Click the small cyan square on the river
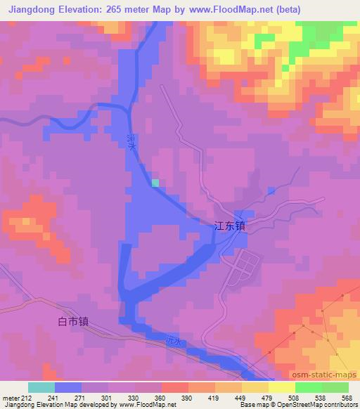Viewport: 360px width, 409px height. coord(155,183)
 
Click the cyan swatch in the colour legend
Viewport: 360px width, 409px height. coord(41,387)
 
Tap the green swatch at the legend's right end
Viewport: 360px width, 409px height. coord(335,387)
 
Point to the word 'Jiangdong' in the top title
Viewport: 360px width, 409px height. coord(32,9)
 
